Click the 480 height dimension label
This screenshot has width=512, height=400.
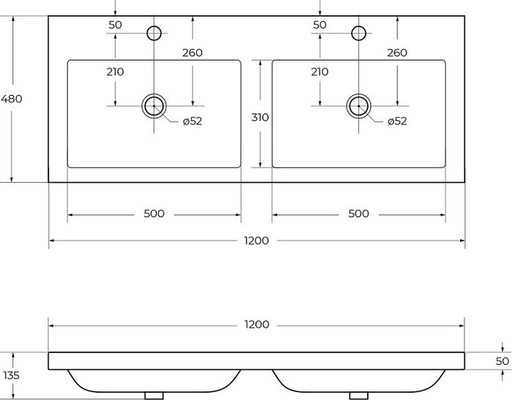(12, 99)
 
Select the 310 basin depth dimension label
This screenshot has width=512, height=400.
(260, 117)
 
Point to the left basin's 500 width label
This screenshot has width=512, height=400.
(154, 214)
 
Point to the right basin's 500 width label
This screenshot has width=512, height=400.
(358, 214)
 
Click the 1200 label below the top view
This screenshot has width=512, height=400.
(257, 241)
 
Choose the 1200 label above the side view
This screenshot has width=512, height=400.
(257, 325)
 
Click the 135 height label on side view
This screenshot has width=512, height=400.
(12, 376)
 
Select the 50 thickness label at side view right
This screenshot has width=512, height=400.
(502, 361)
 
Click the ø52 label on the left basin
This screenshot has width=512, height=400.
(192, 121)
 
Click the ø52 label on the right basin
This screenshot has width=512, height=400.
(397, 121)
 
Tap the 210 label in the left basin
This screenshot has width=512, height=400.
(116, 72)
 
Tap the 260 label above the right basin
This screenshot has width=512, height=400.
(397, 53)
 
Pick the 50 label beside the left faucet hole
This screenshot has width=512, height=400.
(116, 25)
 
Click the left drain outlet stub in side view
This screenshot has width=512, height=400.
(154, 396)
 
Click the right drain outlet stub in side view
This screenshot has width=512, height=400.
(358, 396)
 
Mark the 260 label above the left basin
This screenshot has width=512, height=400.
(192, 53)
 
